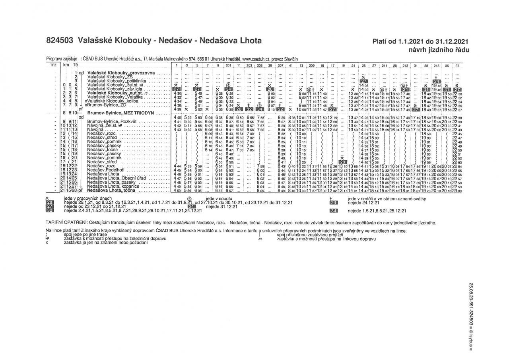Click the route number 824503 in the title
[60, 41]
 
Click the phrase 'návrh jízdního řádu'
[439, 50]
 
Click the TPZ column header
[52, 65]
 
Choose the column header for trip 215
[436, 65]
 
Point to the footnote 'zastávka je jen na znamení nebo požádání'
[105, 242]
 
